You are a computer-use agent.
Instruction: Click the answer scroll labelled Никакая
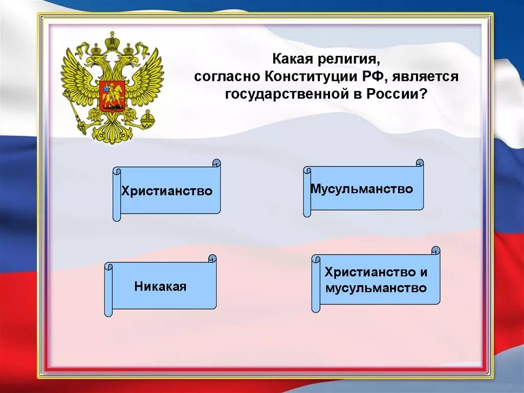(160, 286)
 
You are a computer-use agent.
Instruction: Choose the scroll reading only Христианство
(167, 191)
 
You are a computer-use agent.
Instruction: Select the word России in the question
(395, 94)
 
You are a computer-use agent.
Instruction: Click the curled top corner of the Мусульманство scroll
(420, 163)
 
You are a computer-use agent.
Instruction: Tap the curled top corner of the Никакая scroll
(212, 258)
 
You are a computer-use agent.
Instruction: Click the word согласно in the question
(227, 76)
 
